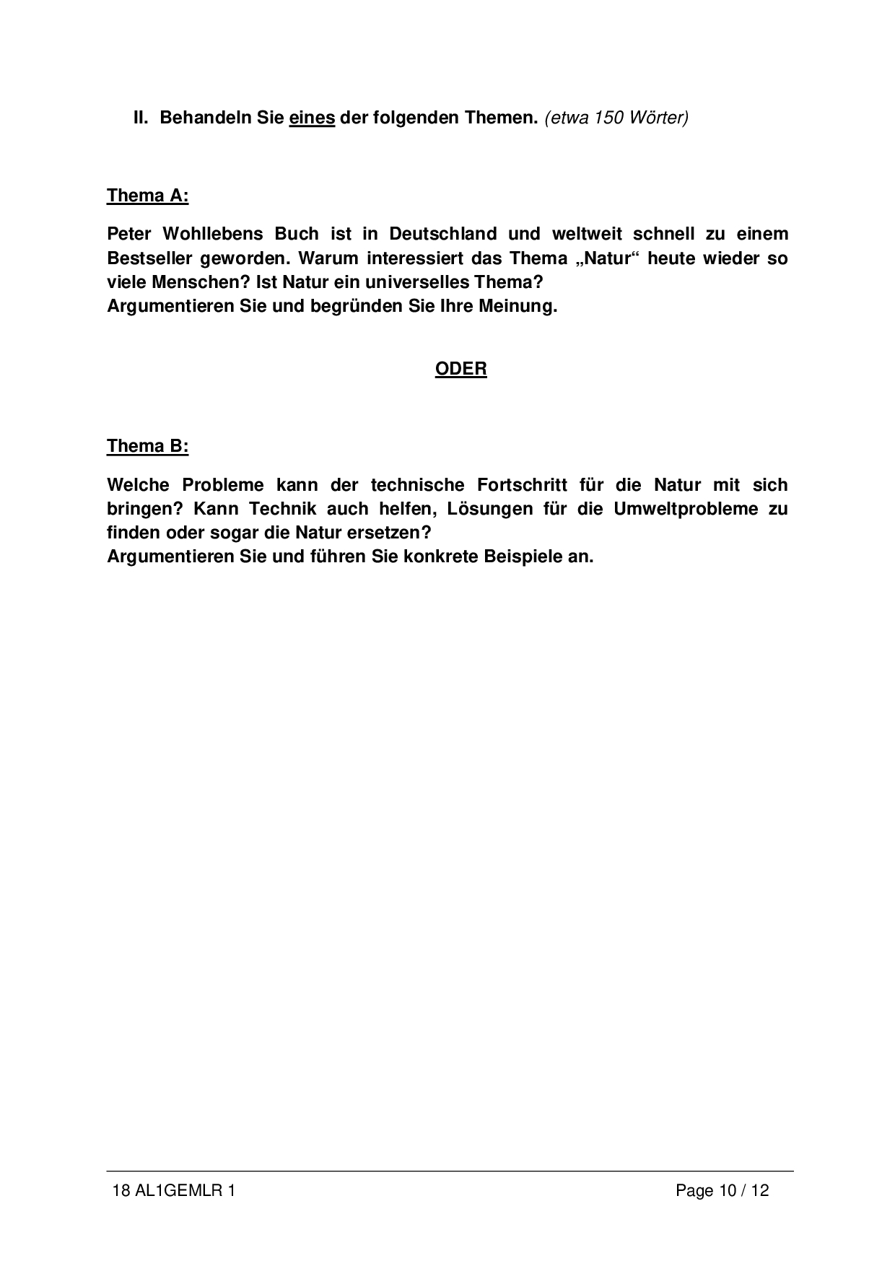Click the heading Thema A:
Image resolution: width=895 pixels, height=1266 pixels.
(147, 196)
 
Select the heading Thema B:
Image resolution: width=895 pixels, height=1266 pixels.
(147, 446)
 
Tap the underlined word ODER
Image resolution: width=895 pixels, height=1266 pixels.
(460, 369)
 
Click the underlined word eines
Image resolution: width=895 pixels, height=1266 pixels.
(312, 118)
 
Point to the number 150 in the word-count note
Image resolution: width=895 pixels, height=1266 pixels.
(608, 118)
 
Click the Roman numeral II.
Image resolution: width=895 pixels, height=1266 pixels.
(140, 118)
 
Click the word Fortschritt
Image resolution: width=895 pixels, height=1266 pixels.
(522, 484)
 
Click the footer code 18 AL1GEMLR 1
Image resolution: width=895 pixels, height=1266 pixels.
(174, 1190)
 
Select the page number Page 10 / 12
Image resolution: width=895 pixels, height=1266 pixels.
(722, 1190)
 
